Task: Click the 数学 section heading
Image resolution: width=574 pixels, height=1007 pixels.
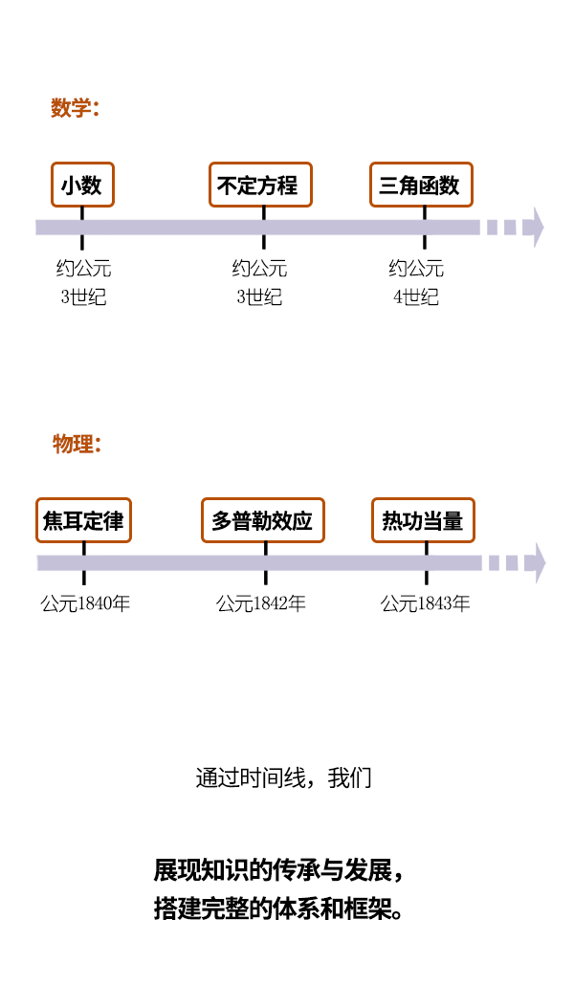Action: pyautogui.click(x=75, y=108)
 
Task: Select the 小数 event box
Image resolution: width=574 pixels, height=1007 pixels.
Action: pyautogui.click(x=82, y=185)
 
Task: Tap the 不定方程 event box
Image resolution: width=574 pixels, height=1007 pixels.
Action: pyautogui.click(x=260, y=185)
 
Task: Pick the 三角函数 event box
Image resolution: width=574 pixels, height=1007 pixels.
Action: pyautogui.click(x=422, y=185)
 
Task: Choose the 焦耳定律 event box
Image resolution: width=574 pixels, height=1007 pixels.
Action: pyautogui.click(x=83, y=520)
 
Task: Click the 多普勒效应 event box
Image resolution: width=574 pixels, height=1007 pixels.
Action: pyautogui.click(x=263, y=520)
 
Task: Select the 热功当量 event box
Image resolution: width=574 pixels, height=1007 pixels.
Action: pyautogui.click(x=423, y=520)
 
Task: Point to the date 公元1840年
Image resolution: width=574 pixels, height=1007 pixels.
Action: pyautogui.click(x=85, y=603)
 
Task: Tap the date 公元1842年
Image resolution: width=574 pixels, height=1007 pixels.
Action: pyautogui.click(x=261, y=603)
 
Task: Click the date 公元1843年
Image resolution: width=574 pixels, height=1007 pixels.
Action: pyautogui.click(x=426, y=603)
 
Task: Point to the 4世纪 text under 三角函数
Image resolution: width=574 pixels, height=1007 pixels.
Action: pyautogui.click(x=416, y=296)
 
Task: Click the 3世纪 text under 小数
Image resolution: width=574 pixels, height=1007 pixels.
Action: pyautogui.click(x=83, y=296)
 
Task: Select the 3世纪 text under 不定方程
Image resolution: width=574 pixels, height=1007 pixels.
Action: pyautogui.click(x=259, y=296)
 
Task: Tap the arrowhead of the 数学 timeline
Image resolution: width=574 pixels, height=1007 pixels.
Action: pyautogui.click(x=538, y=228)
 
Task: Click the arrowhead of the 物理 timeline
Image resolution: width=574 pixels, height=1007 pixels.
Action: pyautogui.click(x=539, y=563)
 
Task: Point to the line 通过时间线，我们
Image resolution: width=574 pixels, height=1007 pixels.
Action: pyautogui.click(x=283, y=777)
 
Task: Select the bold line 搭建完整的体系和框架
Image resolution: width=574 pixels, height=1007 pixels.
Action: pyautogui.click(x=277, y=908)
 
